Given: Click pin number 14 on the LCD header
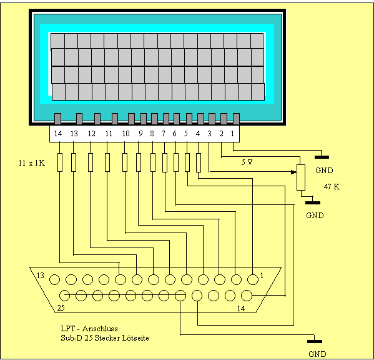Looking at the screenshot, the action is point(58,134).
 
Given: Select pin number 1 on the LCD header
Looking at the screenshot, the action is point(232,134).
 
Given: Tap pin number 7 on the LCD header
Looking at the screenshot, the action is point(164,134).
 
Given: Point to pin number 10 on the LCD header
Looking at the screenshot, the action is point(125,134).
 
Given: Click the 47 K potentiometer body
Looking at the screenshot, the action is point(301,177).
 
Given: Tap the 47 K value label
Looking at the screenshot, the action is point(332,186).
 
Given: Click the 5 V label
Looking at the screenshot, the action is point(247,162).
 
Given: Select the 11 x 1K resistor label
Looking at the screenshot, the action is point(32,163).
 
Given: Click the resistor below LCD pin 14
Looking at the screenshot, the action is point(60,162).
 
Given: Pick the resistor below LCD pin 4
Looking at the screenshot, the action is point(199,162).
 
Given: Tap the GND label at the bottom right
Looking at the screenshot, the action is point(317,354).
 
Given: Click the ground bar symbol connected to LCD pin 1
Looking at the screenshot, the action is point(322,157).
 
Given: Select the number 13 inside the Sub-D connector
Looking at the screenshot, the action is point(41,276).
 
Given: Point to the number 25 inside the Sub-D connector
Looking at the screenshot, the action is point(61,308).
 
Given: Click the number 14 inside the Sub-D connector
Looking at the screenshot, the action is point(241,309).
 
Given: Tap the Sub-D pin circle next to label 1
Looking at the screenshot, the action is point(253,279).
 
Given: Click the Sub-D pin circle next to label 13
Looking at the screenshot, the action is point(54,279).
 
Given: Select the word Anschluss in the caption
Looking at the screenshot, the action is point(100,329).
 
